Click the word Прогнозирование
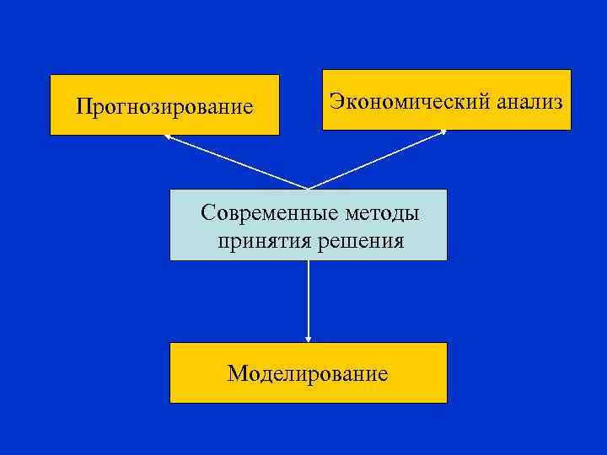[x=164, y=107]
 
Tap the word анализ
[x=529, y=102]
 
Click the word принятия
[x=263, y=242]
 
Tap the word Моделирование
[x=308, y=373]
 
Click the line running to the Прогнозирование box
[x=236, y=162]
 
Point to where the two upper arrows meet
[x=309, y=188]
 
